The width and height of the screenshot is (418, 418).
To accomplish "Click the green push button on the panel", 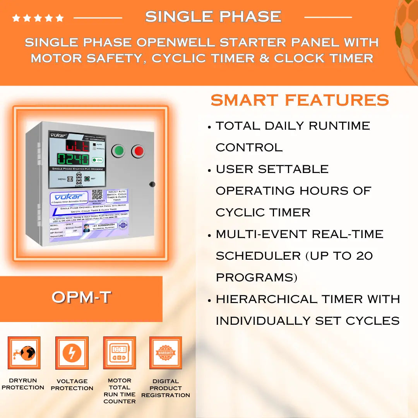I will [118, 151].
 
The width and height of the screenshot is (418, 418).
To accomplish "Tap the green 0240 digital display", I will [73, 159].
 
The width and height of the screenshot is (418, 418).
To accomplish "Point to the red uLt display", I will [77, 146].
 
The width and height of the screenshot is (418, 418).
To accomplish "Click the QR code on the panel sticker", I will [97, 194].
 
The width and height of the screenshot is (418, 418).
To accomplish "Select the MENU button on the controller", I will [70, 179].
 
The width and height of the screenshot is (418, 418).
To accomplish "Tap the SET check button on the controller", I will [87, 179].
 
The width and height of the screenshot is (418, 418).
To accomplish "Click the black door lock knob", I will [152, 184].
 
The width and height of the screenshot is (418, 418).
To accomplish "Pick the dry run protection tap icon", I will [24, 353].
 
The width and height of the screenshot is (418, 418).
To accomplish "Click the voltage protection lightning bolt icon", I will [72, 353].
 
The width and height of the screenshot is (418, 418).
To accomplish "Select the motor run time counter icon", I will [119, 353].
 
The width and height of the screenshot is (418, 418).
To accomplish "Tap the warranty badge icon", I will [166, 353].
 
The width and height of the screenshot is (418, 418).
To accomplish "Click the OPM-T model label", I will [81, 298].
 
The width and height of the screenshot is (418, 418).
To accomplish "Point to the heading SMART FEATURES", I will [300, 100].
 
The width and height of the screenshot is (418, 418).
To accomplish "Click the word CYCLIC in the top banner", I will [174, 58].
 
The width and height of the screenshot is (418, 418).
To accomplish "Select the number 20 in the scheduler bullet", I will [365, 256].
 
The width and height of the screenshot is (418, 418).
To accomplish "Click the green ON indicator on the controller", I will [97, 160].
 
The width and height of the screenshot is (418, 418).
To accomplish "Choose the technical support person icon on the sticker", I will [86, 228].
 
